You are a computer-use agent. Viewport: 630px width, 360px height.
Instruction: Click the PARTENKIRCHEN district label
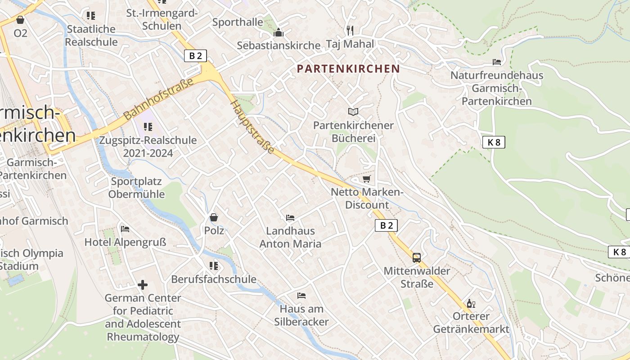point(348,69)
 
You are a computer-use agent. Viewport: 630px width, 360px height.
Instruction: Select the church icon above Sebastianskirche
point(279,33)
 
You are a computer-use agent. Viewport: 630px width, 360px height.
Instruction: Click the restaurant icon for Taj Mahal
point(350,31)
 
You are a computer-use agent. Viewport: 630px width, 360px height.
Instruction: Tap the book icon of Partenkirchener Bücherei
point(354,112)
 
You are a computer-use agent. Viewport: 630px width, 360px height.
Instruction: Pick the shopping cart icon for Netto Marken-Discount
point(367,179)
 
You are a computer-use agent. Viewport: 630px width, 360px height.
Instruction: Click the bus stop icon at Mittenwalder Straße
point(417,258)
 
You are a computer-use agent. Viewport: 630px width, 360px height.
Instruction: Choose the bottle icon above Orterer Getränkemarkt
point(471,304)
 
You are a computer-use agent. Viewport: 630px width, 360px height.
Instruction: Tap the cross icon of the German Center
point(143,284)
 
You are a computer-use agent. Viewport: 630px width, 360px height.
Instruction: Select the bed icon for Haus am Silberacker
point(301,296)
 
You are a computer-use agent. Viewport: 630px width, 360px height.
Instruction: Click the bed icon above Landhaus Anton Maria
point(290,218)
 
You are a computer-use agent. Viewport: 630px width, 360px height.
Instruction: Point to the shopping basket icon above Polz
point(214,217)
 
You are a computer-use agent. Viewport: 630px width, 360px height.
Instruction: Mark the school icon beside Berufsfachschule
point(214,266)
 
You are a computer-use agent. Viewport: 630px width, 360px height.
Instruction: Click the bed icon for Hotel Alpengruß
point(125,229)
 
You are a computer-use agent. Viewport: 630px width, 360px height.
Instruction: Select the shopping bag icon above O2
point(20,20)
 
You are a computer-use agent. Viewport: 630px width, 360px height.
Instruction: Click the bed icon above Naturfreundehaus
point(497,62)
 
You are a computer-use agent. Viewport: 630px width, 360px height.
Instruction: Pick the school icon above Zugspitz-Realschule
point(148,127)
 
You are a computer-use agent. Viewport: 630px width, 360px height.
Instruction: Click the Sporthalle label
point(238,22)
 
